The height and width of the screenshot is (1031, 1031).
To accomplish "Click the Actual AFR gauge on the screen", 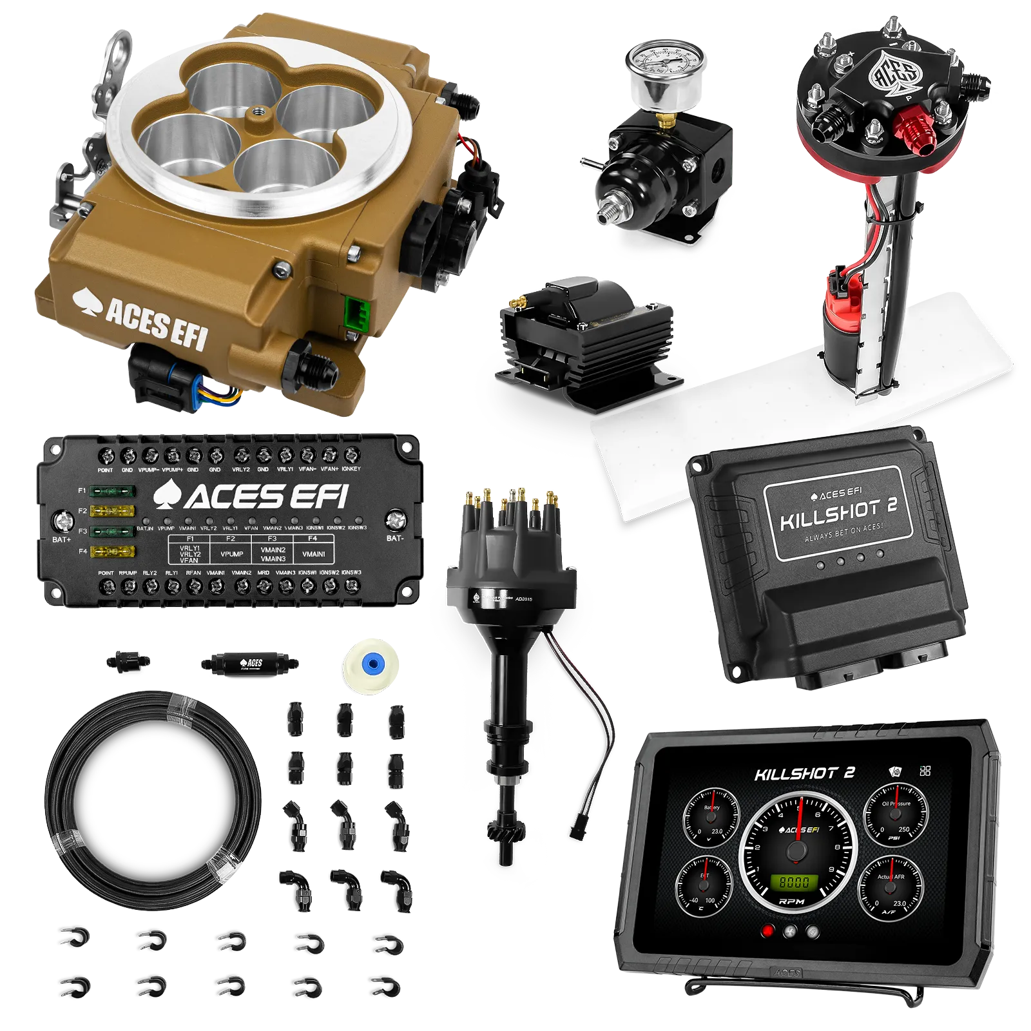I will pos(892,887).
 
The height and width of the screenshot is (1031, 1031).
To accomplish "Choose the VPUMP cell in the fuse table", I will pos(232,554).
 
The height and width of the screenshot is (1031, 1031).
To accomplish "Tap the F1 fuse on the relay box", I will pos(113,491).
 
